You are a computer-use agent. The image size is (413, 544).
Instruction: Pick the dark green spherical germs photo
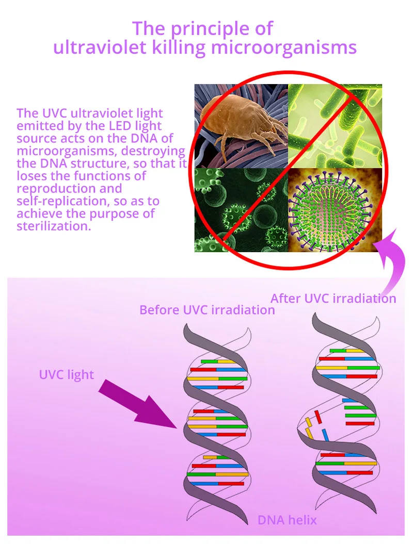pos(240,209)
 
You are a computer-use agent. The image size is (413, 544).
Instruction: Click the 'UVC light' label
pos(67,374)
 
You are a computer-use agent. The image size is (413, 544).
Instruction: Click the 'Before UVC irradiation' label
pos(207,310)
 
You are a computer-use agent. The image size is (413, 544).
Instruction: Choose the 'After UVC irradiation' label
pos(333,299)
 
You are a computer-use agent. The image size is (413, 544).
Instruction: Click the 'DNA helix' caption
pos(287,520)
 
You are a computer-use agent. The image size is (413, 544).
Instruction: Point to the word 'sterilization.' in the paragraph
pos(54,226)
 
